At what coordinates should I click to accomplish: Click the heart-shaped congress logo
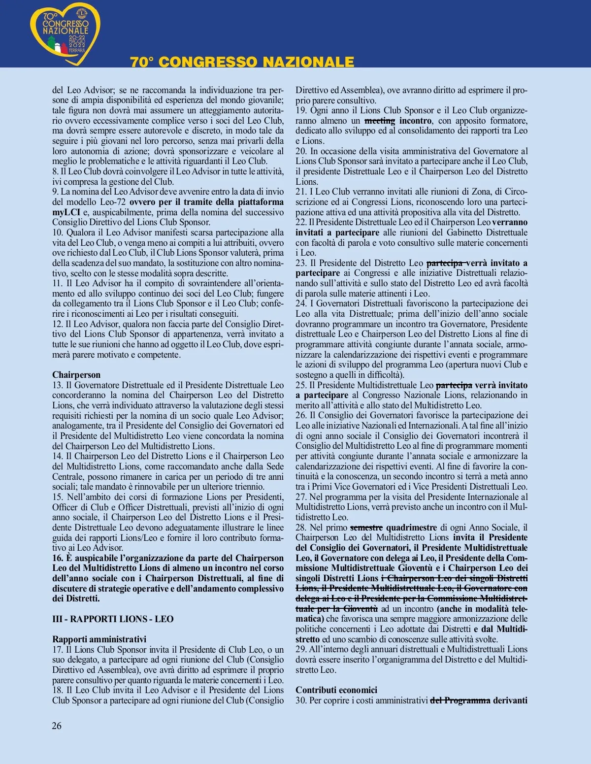(x=66, y=33)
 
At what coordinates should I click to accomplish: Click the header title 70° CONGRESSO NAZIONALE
(x=242, y=62)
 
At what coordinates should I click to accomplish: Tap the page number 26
(x=57, y=726)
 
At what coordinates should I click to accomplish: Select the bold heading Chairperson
(x=76, y=375)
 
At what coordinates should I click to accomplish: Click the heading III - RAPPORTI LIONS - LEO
(x=113, y=619)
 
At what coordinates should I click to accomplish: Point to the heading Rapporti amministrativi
(x=99, y=639)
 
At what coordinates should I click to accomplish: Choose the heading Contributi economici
(x=336, y=690)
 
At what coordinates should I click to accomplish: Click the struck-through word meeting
(x=380, y=121)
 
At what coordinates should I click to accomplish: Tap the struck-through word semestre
(x=366, y=528)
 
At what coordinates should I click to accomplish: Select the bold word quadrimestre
(x=411, y=528)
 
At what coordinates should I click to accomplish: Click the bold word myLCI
(x=66, y=212)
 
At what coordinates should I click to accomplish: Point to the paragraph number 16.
(x=58, y=558)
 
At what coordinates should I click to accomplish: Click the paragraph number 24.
(x=301, y=303)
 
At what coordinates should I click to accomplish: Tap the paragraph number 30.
(x=301, y=700)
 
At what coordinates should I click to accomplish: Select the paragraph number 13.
(x=58, y=385)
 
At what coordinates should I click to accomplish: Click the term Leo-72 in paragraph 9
(x=113, y=202)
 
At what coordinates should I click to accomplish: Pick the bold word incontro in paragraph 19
(x=416, y=121)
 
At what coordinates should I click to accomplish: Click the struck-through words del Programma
(x=460, y=700)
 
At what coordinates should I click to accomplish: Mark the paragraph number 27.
(x=301, y=497)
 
